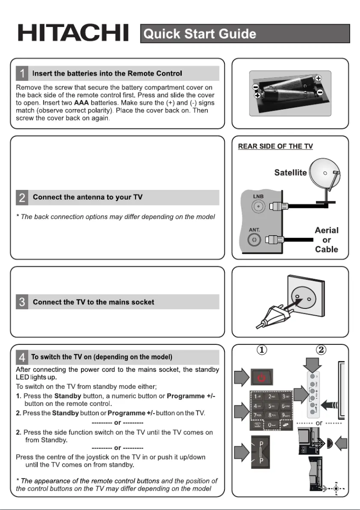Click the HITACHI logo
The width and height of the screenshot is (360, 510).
pyautogui.click(x=73, y=33)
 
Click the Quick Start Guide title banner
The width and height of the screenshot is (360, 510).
pyautogui.click(x=245, y=34)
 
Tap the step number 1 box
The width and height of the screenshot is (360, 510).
pyautogui.click(x=22, y=73)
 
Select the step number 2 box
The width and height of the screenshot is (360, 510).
pyautogui.click(x=22, y=197)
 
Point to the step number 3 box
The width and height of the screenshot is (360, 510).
pyautogui.click(x=22, y=302)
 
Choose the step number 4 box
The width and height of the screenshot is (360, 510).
pyautogui.click(x=22, y=357)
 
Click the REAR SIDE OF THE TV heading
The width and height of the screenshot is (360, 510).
pyautogui.click(x=275, y=146)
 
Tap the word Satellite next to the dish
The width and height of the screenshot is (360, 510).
pyautogui.click(x=290, y=172)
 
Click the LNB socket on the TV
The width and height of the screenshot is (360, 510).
pyautogui.click(x=258, y=207)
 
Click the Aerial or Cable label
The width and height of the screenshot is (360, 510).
pyautogui.click(x=326, y=240)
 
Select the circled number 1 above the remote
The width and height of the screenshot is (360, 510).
pyautogui.click(x=263, y=350)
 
